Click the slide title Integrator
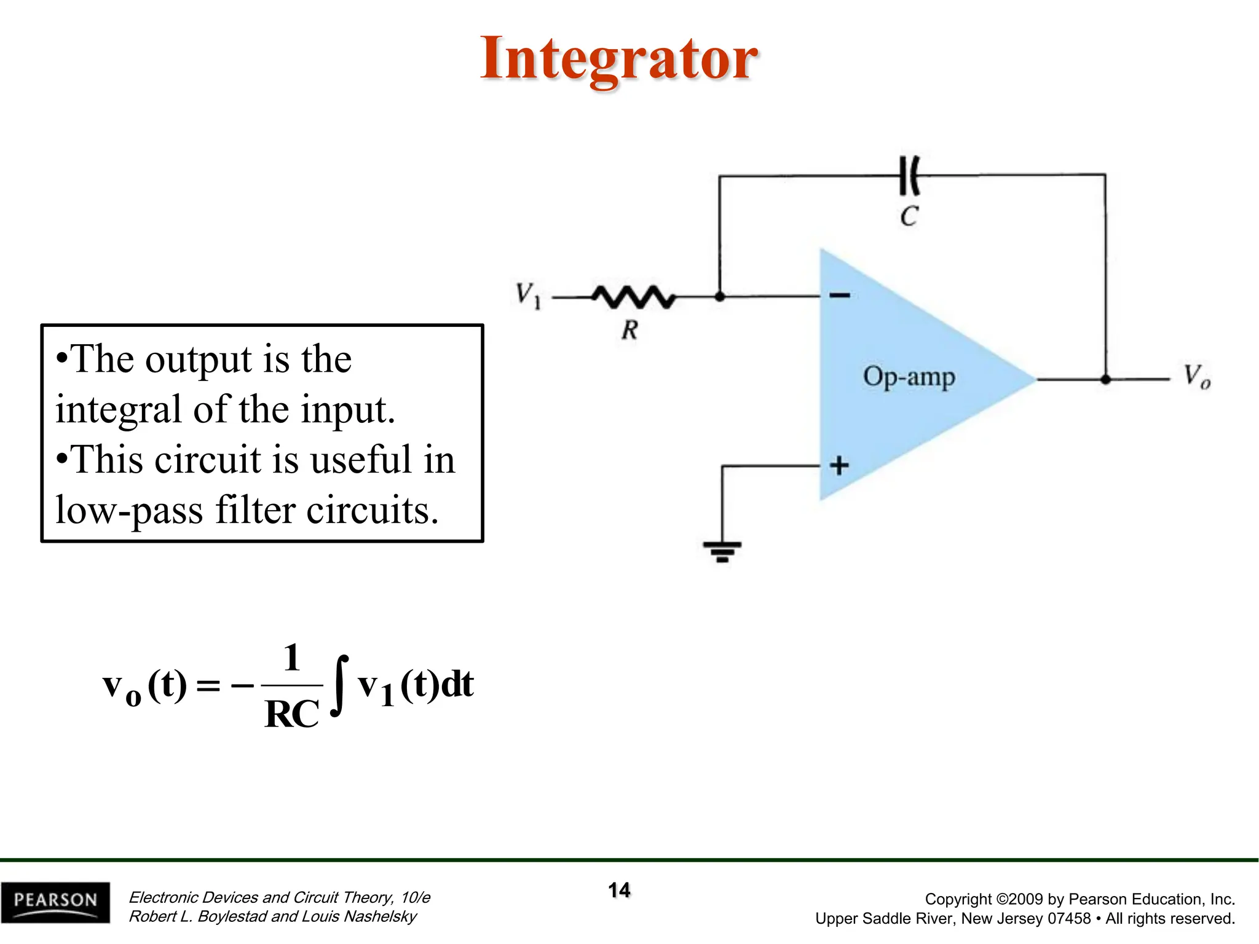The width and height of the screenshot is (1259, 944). point(618,59)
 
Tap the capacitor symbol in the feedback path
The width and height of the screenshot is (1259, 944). point(909,176)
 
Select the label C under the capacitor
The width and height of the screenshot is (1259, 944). point(909,216)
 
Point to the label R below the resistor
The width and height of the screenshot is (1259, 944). point(629,330)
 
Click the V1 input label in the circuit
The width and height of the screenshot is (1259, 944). point(527,295)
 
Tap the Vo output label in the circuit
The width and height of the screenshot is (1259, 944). point(1196,376)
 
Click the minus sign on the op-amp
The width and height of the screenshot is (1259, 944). point(839,296)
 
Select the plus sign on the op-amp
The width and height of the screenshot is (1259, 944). point(839,465)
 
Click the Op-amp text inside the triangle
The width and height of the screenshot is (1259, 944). point(909,377)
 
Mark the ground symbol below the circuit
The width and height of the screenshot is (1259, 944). point(722,551)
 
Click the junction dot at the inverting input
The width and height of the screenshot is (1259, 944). point(720,297)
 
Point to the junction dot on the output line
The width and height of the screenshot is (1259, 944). point(1105,380)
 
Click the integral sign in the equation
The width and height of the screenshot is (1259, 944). point(339,685)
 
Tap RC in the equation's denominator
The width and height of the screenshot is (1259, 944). point(291,714)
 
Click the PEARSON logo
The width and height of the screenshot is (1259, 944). point(55,902)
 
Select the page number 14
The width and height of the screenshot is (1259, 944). point(619,890)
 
